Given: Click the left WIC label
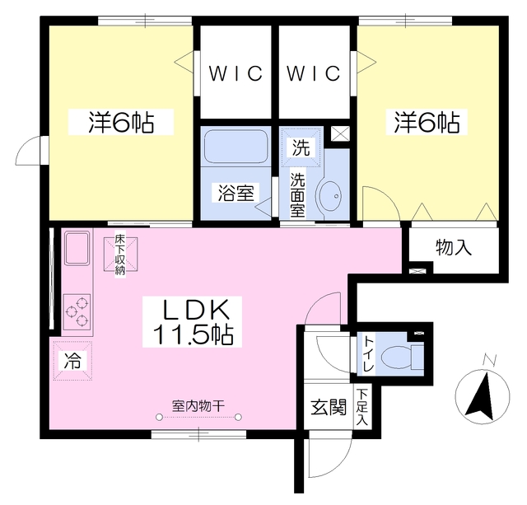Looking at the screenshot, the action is coord(236,73).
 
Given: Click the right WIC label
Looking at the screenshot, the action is coord(313,73).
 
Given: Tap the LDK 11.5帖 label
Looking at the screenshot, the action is coord(192,322).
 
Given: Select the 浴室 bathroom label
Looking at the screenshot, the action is coord(236,193).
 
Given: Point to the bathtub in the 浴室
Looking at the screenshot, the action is coord(236,147).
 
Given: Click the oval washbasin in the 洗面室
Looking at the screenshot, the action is coord(330,196).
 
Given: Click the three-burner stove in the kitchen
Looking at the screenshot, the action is coord(77,311).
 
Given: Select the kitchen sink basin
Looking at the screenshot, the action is coord(77,248).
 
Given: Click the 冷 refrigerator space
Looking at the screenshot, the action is coord(72,361).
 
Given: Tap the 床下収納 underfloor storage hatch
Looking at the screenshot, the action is coord(120,254).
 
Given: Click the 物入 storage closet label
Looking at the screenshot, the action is coord(454,247).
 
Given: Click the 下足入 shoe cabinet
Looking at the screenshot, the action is coord(361,407).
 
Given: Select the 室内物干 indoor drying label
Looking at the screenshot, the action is coord(198,406).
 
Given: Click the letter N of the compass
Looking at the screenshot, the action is coord(490,360).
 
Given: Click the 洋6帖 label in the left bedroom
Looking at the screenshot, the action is coord(121,122).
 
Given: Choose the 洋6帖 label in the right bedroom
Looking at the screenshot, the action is coord(427,122).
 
